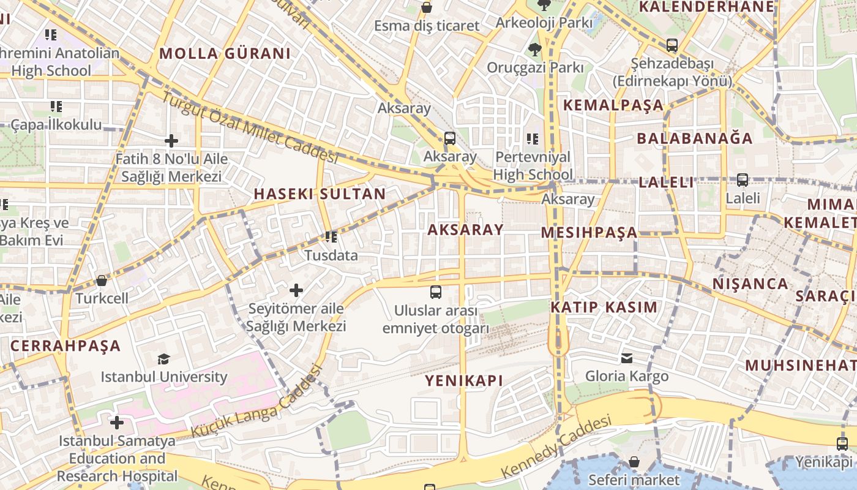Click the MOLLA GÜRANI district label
(225, 53)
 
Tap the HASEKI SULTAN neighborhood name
(320, 194)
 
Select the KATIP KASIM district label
(604, 307)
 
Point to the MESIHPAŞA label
(589, 233)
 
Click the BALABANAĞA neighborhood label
(695, 138)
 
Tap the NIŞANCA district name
(750, 284)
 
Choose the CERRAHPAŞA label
(65, 345)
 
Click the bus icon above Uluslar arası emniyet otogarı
(436, 292)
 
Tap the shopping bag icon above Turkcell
(102, 281)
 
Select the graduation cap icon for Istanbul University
(163, 359)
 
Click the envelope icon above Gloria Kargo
(627, 358)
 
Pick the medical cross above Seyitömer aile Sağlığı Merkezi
(296, 290)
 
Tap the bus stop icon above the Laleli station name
(742, 180)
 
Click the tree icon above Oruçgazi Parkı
(535, 49)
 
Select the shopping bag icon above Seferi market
(634, 461)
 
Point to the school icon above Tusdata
(331, 236)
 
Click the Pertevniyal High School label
(533, 165)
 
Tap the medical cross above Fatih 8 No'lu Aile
(171, 141)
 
